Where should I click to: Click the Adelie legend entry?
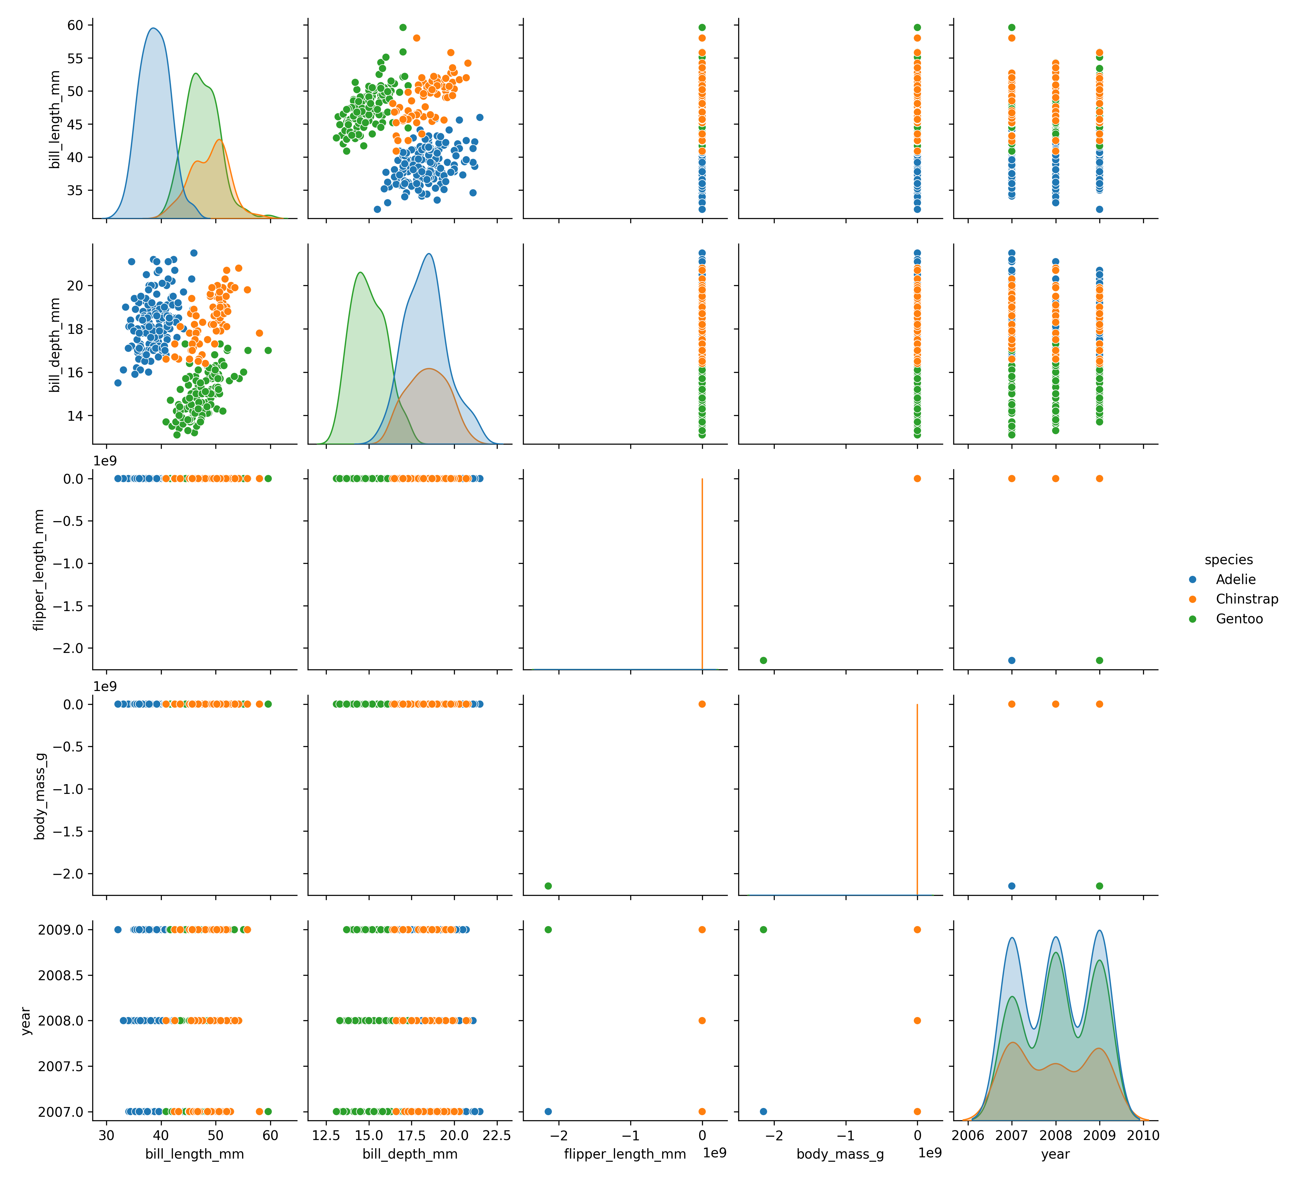[x=1235, y=579]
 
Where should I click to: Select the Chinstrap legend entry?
[x=1246, y=599]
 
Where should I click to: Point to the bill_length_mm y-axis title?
[x=55, y=120]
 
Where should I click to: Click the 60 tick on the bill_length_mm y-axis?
[x=76, y=25]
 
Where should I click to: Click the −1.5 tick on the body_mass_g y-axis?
[x=67, y=832]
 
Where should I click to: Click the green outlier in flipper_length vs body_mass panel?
[x=763, y=660]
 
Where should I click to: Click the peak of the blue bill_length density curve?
[x=153, y=28]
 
